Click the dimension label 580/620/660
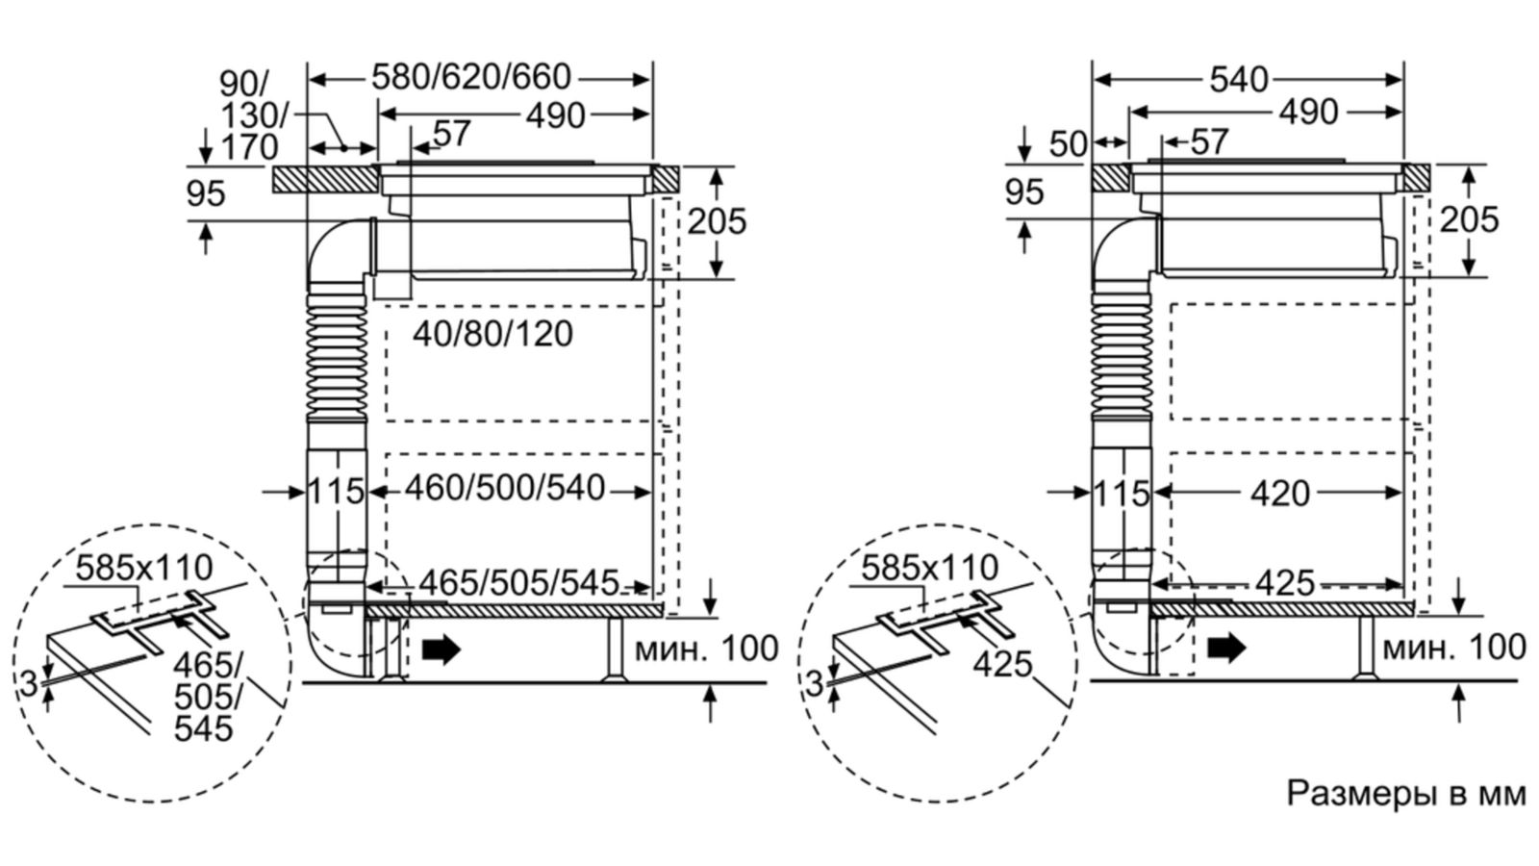click(x=471, y=77)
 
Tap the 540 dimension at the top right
click(x=1239, y=80)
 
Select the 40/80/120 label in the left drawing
click(x=492, y=334)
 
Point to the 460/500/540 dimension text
click(x=504, y=489)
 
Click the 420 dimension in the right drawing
click(x=1279, y=494)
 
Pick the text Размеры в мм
click(x=1405, y=794)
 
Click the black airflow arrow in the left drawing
click(x=442, y=649)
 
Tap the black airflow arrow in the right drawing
click(x=1226, y=649)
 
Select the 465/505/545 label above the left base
click(x=518, y=582)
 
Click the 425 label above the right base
click(x=1285, y=582)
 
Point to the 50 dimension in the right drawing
click(x=1067, y=144)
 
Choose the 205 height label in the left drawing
click(x=717, y=221)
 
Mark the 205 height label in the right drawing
click(x=1469, y=220)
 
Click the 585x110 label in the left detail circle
click(x=144, y=567)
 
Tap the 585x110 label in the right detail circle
click(x=929, y=568)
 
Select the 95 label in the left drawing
click(x=205, y=194)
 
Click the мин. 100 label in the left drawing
click(x=706, y=649)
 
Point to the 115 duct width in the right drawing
click(x=1122, y=494)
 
